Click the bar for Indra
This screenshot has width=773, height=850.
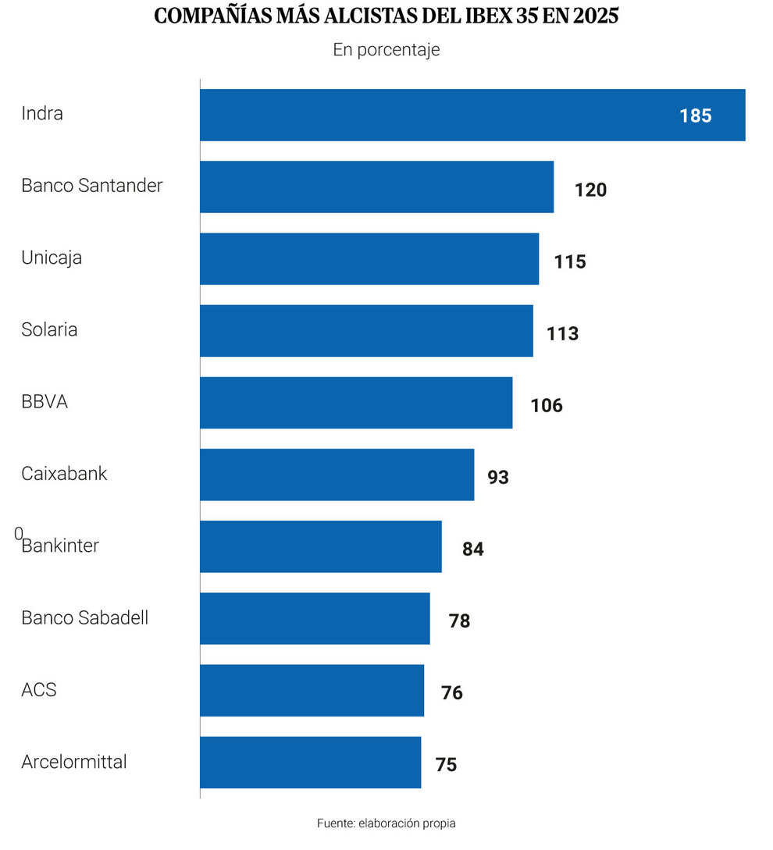point(472,115)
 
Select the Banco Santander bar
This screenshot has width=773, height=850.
point(376,187)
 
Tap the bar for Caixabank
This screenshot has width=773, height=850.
point(337,475)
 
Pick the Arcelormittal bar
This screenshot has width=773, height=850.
point(310,763)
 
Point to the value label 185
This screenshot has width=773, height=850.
point(695,116)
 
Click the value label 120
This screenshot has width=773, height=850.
point(590,190)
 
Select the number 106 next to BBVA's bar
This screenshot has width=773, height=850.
point(547,406)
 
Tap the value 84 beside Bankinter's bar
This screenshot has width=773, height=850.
point(472,549)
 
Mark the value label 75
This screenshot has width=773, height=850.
point(446,765)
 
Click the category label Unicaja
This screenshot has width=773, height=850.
point(52,258)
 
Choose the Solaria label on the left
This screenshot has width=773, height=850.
point(49,329)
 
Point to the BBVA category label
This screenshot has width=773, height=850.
point(45,402)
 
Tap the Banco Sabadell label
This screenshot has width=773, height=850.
point(84,617)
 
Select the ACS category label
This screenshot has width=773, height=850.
point(39,690)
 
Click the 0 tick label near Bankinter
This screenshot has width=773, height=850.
point(18,534)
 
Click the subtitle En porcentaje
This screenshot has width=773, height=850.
point(386,50)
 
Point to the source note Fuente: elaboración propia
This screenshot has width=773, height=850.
point(386,823)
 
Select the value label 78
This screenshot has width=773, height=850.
point(460,621)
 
